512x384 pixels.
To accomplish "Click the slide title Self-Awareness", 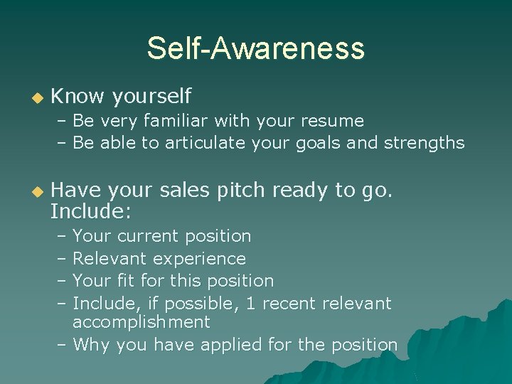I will pos(255,48).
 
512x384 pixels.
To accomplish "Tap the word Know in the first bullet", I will pos(77,95).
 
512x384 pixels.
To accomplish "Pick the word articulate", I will pos(200,143).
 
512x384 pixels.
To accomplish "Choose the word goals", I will pos(316,144).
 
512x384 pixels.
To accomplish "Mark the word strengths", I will pos(424,144).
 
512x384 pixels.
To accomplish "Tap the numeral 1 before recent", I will pos(250,304).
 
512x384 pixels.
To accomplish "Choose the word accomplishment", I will pos(142,322).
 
